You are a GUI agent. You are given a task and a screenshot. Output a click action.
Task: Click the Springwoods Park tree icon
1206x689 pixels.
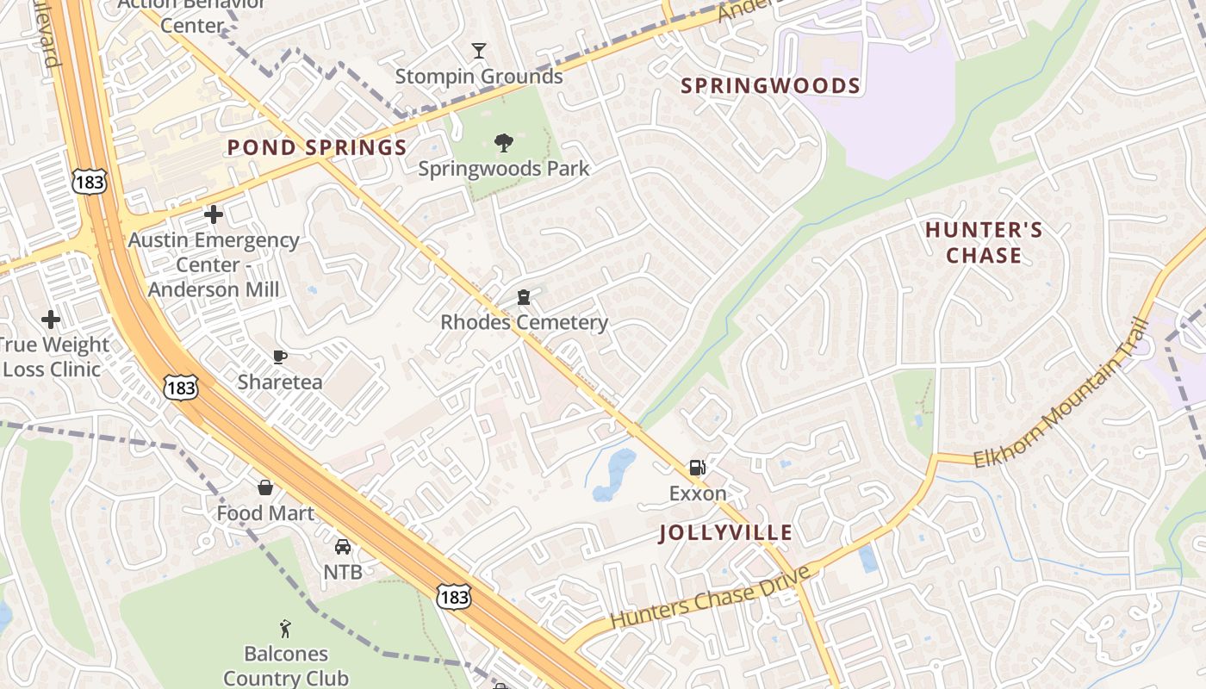[x=504, y=143]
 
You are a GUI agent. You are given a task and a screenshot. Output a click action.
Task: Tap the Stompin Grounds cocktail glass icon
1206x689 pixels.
[x=479, y=51]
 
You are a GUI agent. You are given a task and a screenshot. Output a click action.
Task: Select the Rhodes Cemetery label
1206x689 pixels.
[x=524, y=322]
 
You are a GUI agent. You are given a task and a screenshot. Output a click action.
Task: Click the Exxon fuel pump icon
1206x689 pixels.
[x=697, y=468]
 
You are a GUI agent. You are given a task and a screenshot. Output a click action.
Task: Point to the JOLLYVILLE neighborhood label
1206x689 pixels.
[x=725, y=532]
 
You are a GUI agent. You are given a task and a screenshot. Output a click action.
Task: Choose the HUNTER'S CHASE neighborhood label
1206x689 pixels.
[x=984, y=243]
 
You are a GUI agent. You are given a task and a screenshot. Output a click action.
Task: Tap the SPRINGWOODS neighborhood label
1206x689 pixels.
[x=770, y=86]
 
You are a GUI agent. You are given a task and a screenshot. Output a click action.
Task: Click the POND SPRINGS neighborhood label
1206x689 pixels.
[x=317, y=147]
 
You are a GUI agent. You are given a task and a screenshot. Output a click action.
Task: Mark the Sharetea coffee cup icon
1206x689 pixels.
[x=279, y=356]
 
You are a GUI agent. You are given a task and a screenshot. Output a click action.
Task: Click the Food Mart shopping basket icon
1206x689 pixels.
[x=265, y=487]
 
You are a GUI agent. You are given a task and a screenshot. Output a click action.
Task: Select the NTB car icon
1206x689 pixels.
[x=343, y=546]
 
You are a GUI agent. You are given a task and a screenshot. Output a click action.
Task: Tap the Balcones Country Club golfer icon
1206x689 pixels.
[x=286, y=630]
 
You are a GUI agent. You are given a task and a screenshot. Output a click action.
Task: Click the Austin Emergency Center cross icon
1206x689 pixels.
[x=214, y=214]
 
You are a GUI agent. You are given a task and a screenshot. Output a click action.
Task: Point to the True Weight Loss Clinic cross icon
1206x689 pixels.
[x=51, y=320]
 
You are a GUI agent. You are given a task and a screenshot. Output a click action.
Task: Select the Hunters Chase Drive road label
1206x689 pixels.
[x=711, y=597]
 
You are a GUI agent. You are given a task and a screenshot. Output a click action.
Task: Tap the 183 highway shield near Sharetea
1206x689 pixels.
[x=181, y=388]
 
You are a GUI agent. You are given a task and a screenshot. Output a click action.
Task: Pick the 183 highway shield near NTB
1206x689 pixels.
[x=453, y=596]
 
